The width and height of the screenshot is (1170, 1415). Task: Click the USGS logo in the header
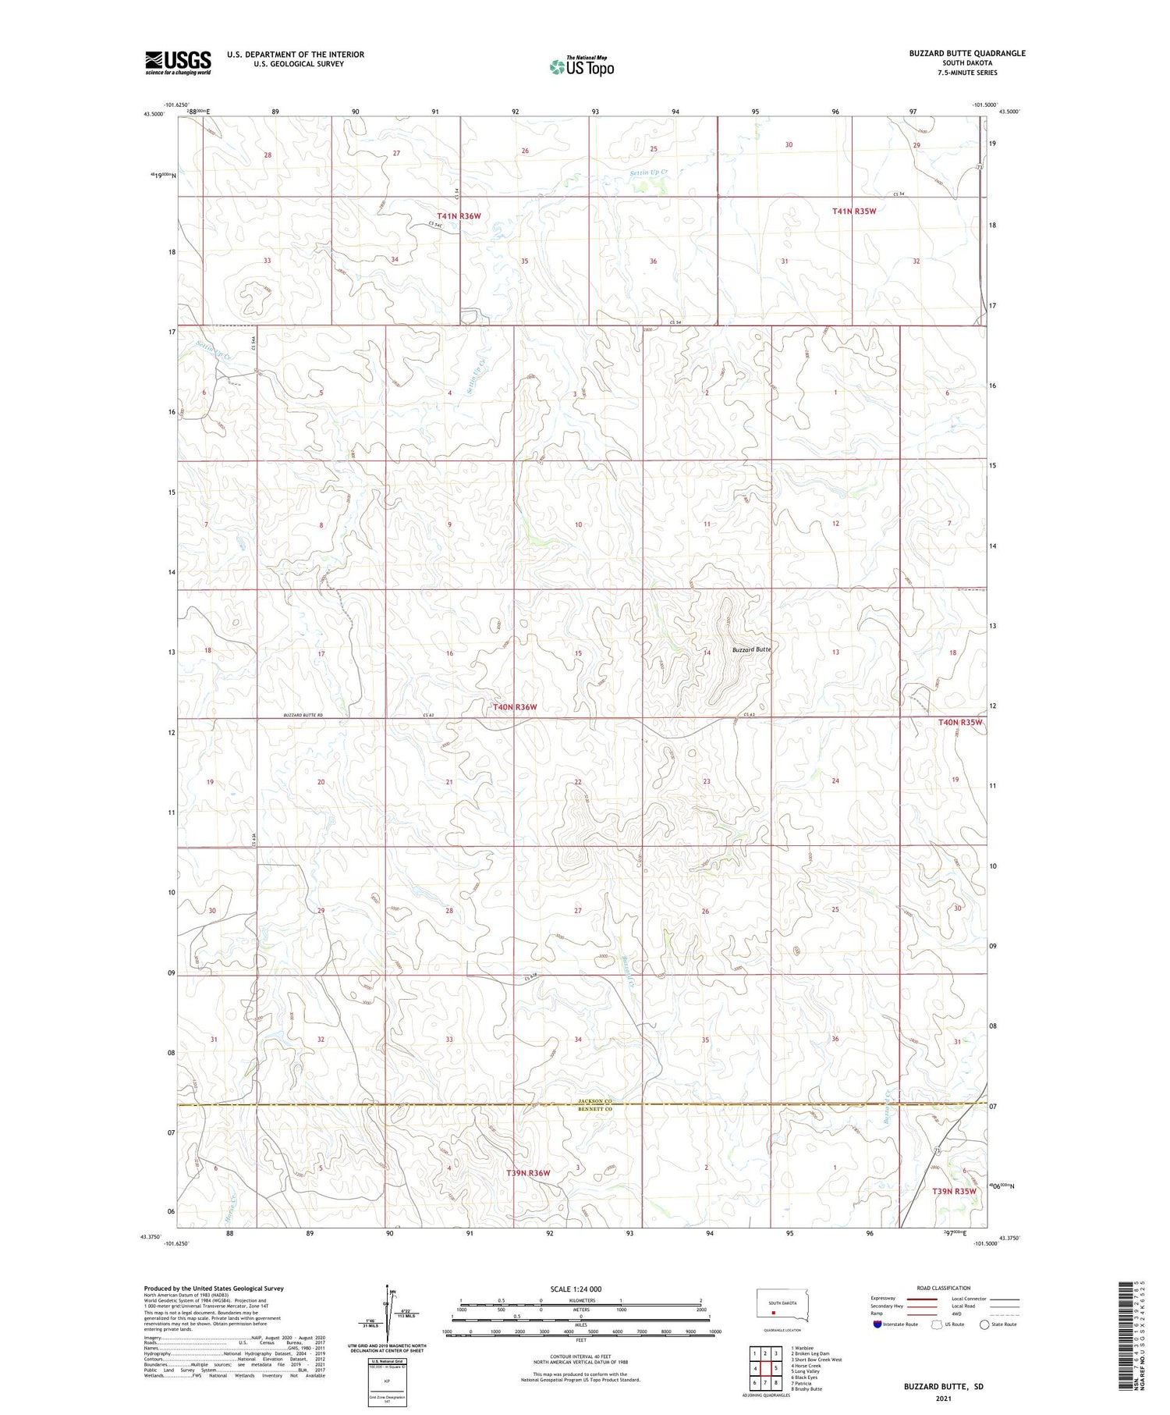pyautogui.click(x=178, y=62)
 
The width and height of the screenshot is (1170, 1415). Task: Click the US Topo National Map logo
pyautogui.click(x=582, y=66)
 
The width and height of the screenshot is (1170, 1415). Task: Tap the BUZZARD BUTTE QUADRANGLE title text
pyautogui.click(x=966, y=53)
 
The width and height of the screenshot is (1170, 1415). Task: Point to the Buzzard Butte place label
pyautogui.click(x=750, y=649)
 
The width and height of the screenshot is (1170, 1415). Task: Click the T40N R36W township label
pyautogui.click(x=515, y=707)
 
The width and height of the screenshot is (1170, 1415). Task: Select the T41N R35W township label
pyautogui.click(x=854, y=211)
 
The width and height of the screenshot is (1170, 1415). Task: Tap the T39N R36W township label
pyautogui.click(x=528, y=1173)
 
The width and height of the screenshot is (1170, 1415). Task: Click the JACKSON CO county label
pyautogui.click(x=594, y=1100)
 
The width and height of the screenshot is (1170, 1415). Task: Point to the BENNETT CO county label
pyautogui.click(x=594, y=1108)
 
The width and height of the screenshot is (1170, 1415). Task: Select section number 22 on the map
pyautogui.click(x=578, y=781)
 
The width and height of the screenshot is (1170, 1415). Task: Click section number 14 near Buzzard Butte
pyautogui.click(x=707, y=652)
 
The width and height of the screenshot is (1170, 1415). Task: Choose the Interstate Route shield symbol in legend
pyautogui.click(x=877, y=1324)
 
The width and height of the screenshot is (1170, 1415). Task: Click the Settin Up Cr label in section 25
pyautogui.click(x=649, y=172)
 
